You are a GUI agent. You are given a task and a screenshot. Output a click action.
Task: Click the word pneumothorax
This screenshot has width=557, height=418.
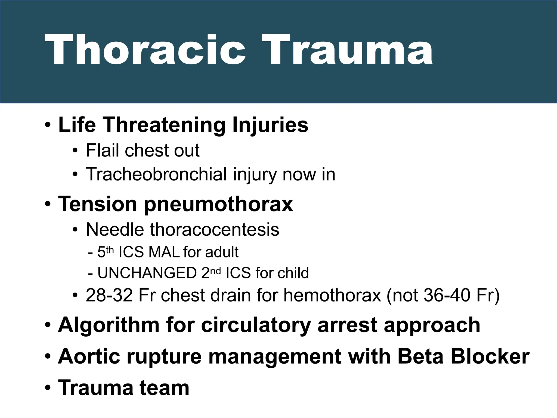click(218, 204)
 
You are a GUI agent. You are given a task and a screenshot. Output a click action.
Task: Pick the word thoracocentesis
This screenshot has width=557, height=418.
click(214, 229)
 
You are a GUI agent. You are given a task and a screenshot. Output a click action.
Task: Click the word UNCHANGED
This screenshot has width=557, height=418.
click(147, 273)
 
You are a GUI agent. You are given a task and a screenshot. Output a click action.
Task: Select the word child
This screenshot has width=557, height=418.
click(296, 273)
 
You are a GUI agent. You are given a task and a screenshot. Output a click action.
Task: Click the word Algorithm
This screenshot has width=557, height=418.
click(109, 325)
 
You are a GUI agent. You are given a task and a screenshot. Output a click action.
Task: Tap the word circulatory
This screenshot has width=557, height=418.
click(256, 325)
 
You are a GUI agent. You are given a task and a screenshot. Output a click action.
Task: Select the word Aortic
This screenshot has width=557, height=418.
click(89, 356)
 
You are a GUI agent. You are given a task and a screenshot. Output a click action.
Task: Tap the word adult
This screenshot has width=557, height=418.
click(222, 252)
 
